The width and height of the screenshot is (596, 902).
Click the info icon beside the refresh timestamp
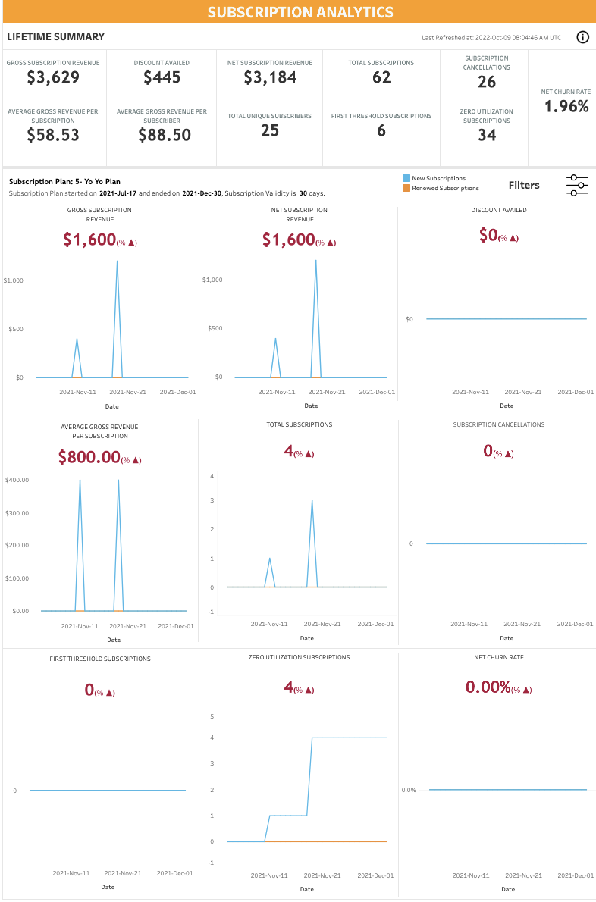(583, 37)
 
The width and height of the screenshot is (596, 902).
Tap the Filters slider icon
(577, 185)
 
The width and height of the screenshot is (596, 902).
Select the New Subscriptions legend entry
(434, 178)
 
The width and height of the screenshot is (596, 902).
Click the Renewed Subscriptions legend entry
(441, 188)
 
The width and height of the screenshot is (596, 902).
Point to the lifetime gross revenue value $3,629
(53, 77)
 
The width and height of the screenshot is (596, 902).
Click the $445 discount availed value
(162, 77)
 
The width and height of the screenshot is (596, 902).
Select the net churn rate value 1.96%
(566, 106)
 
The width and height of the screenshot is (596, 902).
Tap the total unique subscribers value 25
(270, 130)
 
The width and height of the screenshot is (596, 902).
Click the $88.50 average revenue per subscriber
(165, 135)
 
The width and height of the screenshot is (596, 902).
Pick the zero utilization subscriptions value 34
(487, 135)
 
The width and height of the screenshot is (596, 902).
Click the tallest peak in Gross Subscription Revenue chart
(118, 261)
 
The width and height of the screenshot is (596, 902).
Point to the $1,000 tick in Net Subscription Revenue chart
(212, 280)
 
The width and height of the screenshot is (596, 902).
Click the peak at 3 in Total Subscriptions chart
(312, 500)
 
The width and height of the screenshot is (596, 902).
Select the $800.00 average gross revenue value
(89, 457)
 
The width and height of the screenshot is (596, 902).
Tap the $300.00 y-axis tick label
(17, 513)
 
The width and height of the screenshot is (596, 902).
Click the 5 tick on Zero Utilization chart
(212, 716)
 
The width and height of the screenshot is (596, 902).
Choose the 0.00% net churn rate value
(488, 687)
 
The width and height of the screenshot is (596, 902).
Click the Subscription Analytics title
(300, 12)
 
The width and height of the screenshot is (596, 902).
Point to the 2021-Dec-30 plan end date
(199, 193)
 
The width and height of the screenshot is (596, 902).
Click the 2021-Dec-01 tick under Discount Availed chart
(576, 392)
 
